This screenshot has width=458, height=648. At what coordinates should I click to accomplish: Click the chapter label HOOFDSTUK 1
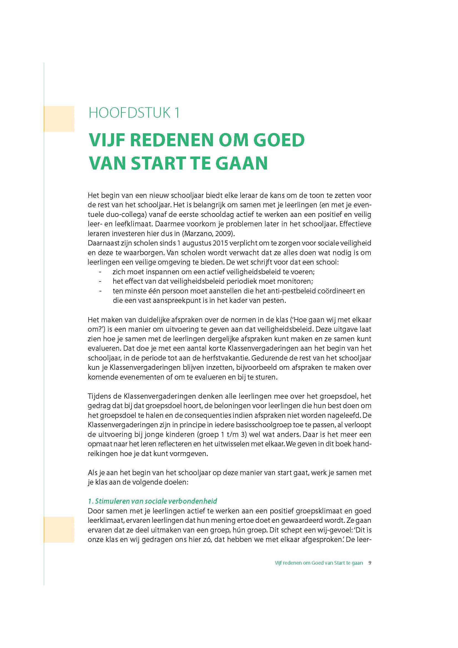(134, 113)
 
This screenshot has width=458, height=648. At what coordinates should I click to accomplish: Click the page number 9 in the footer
(370, 563)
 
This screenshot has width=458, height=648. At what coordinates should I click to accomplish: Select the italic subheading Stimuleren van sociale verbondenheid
(153, 501)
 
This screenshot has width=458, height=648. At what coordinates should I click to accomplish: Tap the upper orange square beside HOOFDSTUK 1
(59, 119)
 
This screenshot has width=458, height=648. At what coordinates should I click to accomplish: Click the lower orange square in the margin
(59, 530)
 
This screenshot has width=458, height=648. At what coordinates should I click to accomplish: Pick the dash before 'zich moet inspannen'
(100, 272)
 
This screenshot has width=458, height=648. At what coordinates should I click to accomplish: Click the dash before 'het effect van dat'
(100, 281)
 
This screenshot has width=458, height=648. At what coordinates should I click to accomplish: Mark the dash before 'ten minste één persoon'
(100, 291)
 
